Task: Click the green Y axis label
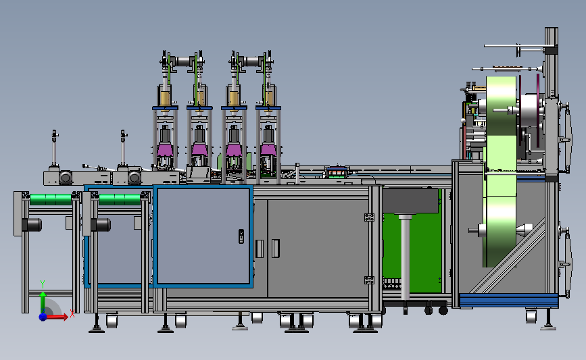(x=43, y=284)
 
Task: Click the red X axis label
(x=72, y=313)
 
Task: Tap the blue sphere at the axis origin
(x=43, y=317)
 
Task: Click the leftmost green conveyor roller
(x=51, y=199)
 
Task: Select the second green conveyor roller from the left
(x=120, y=199)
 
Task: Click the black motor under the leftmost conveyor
(x=32, y=225)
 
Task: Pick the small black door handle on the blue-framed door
(x=241, y=236)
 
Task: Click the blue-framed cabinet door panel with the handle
(x=203, y=236)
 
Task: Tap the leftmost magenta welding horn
(x=165, y=149)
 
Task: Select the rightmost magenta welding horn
(x=268, y=149)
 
